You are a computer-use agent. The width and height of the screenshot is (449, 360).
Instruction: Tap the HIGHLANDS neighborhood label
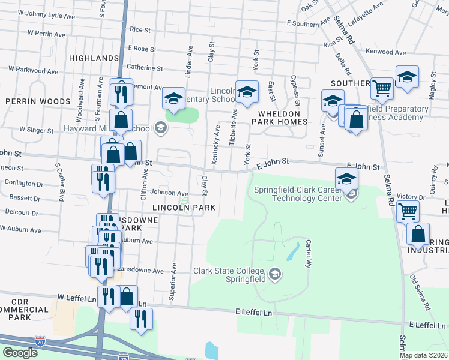point(94,58)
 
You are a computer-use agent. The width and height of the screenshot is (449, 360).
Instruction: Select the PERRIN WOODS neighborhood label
point(30,102)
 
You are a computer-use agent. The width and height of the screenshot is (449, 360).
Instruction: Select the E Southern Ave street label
point(309,23)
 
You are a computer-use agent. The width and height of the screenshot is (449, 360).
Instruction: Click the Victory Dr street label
point(411,196)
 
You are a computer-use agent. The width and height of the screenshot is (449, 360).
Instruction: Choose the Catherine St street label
point(141,67)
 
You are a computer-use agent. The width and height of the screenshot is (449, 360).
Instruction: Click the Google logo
point(19,353)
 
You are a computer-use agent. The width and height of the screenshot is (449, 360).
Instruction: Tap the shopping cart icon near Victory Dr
point(408,210)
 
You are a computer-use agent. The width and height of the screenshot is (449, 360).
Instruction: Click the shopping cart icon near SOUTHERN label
point(382,88)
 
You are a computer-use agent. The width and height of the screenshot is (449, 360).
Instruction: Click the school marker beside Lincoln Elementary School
point(246,92)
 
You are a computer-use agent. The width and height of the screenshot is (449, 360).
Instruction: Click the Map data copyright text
point(424,355)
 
